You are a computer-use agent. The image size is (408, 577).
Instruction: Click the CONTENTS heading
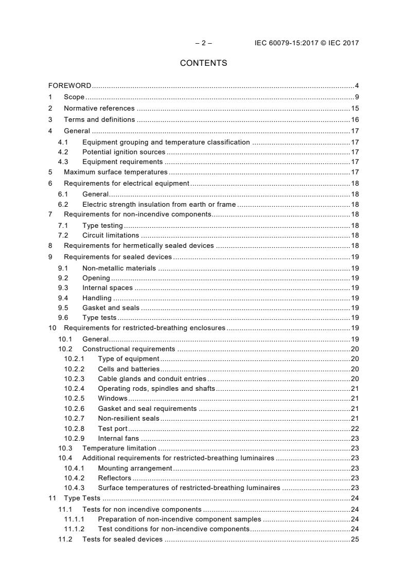click(203, 63)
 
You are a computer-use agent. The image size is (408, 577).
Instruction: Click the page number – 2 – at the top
click(203, 43)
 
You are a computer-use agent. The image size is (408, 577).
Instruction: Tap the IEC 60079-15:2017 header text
click(307, 43)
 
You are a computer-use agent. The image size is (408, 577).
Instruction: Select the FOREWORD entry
click(70, 85)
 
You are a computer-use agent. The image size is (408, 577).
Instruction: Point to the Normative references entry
click(99, 109)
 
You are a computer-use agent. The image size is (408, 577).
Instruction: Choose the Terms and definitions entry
click(99, 120)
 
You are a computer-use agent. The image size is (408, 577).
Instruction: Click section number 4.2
click(63, 152)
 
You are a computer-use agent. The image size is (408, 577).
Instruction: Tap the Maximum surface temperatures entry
click(115, 172)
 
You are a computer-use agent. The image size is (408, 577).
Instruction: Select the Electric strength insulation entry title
click(158, 204)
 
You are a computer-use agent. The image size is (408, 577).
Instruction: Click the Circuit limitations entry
click(111, 235)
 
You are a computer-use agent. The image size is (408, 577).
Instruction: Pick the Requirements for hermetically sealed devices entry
click(138, 246)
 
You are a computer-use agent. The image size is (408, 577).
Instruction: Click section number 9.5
click(63, 308)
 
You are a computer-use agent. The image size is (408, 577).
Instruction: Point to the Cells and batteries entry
click(129, 369)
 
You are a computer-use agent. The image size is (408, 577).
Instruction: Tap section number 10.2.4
click(75, 388)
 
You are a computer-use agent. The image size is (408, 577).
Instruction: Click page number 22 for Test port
click(355, 429)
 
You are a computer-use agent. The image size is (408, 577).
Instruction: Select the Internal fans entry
click(118, 439)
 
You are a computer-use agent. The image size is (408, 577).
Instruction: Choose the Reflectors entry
click(114, 478)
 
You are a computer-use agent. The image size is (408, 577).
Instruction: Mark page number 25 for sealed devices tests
click(355, 539)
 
